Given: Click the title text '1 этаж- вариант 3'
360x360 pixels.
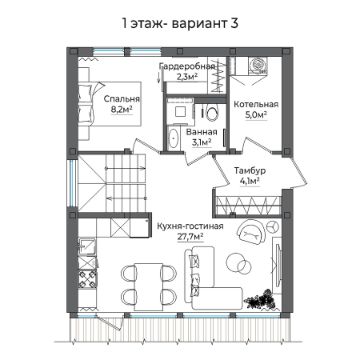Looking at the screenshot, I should click(x=179, y=20).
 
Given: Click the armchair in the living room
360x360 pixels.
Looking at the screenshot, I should click(x=250, y=233).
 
